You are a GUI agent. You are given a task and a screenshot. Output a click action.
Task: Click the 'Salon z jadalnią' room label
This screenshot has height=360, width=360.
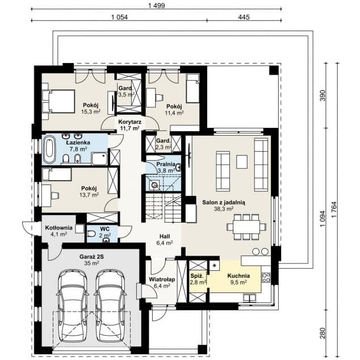[224, 203]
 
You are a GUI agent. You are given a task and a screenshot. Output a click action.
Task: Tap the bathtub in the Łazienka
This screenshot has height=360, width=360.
[49, 149]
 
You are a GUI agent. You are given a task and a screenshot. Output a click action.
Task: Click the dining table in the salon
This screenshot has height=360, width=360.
[246, 227]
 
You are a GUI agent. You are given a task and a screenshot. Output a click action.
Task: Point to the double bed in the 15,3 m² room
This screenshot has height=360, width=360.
[61, 101]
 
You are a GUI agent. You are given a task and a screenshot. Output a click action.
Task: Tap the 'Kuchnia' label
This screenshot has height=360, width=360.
[238, 276]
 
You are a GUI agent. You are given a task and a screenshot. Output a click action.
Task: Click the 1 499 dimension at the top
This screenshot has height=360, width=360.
[157, 6]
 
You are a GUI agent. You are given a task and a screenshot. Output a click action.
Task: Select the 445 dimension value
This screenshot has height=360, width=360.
[244, 17]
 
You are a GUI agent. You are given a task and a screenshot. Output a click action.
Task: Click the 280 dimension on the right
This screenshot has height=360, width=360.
[323, 333]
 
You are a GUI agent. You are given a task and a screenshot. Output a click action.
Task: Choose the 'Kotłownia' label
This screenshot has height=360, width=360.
[59, 228]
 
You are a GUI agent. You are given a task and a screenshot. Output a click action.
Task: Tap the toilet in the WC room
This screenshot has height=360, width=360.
[91, 234]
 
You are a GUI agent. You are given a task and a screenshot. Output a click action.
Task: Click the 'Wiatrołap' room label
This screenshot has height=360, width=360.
[162, 279]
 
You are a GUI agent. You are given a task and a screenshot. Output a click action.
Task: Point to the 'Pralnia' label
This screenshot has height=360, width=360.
[166, 164]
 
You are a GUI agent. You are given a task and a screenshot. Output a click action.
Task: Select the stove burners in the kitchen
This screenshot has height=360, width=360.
[266, 277]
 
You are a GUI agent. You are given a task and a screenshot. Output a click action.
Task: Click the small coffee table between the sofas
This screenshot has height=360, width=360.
[242, 162]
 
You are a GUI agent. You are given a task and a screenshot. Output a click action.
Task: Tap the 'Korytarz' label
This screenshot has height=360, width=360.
[129, 122]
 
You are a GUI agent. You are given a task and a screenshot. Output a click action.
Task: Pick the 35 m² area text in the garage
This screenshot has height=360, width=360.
[91, 263]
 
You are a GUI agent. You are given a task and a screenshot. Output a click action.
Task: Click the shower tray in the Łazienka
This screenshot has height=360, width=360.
[99, 158]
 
